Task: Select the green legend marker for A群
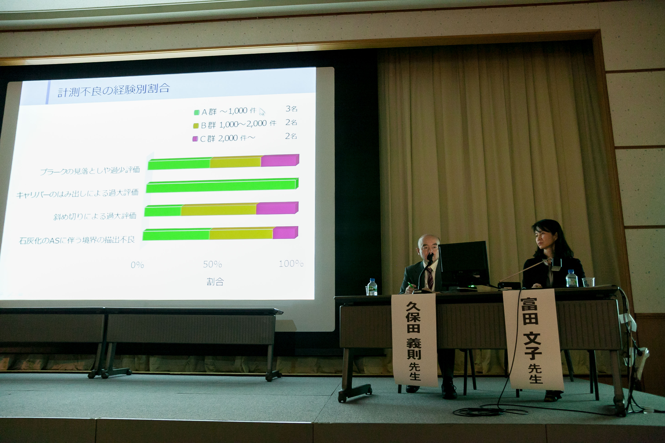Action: [197, 112]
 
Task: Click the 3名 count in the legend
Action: [291, 109]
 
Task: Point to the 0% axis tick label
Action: [137, 265]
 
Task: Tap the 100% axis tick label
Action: [291, 264]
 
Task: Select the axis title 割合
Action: [215, 282]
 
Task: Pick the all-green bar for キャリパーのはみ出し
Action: [222, 185]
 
